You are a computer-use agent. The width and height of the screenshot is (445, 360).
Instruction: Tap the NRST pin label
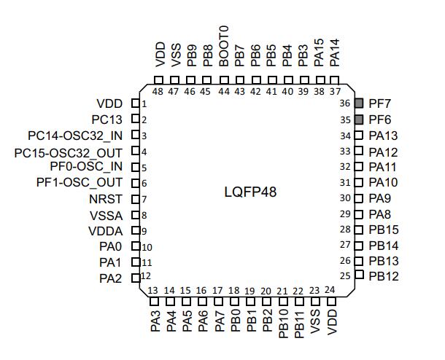(x=106, y=199)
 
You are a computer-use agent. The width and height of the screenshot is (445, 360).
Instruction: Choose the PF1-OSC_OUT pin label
(x=80, y=182)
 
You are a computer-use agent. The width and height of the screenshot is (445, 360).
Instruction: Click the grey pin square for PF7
(x=358, y=104)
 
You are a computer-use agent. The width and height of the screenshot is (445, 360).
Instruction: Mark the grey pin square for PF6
(x=358, y=120)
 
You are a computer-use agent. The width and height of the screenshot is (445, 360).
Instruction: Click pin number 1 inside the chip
(x=144, y=104)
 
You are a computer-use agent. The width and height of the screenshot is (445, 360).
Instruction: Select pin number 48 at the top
(x=158, y=91)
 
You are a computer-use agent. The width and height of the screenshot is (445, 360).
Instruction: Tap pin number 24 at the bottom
(x=330, y=290)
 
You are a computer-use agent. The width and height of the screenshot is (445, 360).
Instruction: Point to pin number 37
(x=335, y=91)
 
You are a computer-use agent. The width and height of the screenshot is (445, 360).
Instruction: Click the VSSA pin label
(x=106, y=215)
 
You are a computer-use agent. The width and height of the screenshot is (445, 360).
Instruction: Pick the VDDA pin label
(x=105, y=231)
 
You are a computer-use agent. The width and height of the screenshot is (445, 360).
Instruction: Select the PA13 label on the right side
(x=383, y=136)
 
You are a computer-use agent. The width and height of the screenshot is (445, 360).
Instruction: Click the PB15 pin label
(x=383, y=230)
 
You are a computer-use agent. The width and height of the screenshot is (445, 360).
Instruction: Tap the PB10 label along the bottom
(x=283, y=321)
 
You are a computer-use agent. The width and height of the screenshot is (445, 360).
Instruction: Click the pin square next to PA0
(x=135, y=246)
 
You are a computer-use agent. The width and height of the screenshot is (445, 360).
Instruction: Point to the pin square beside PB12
(x=358, y=275)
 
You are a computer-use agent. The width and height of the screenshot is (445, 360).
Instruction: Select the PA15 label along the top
(x=319, y=52)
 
